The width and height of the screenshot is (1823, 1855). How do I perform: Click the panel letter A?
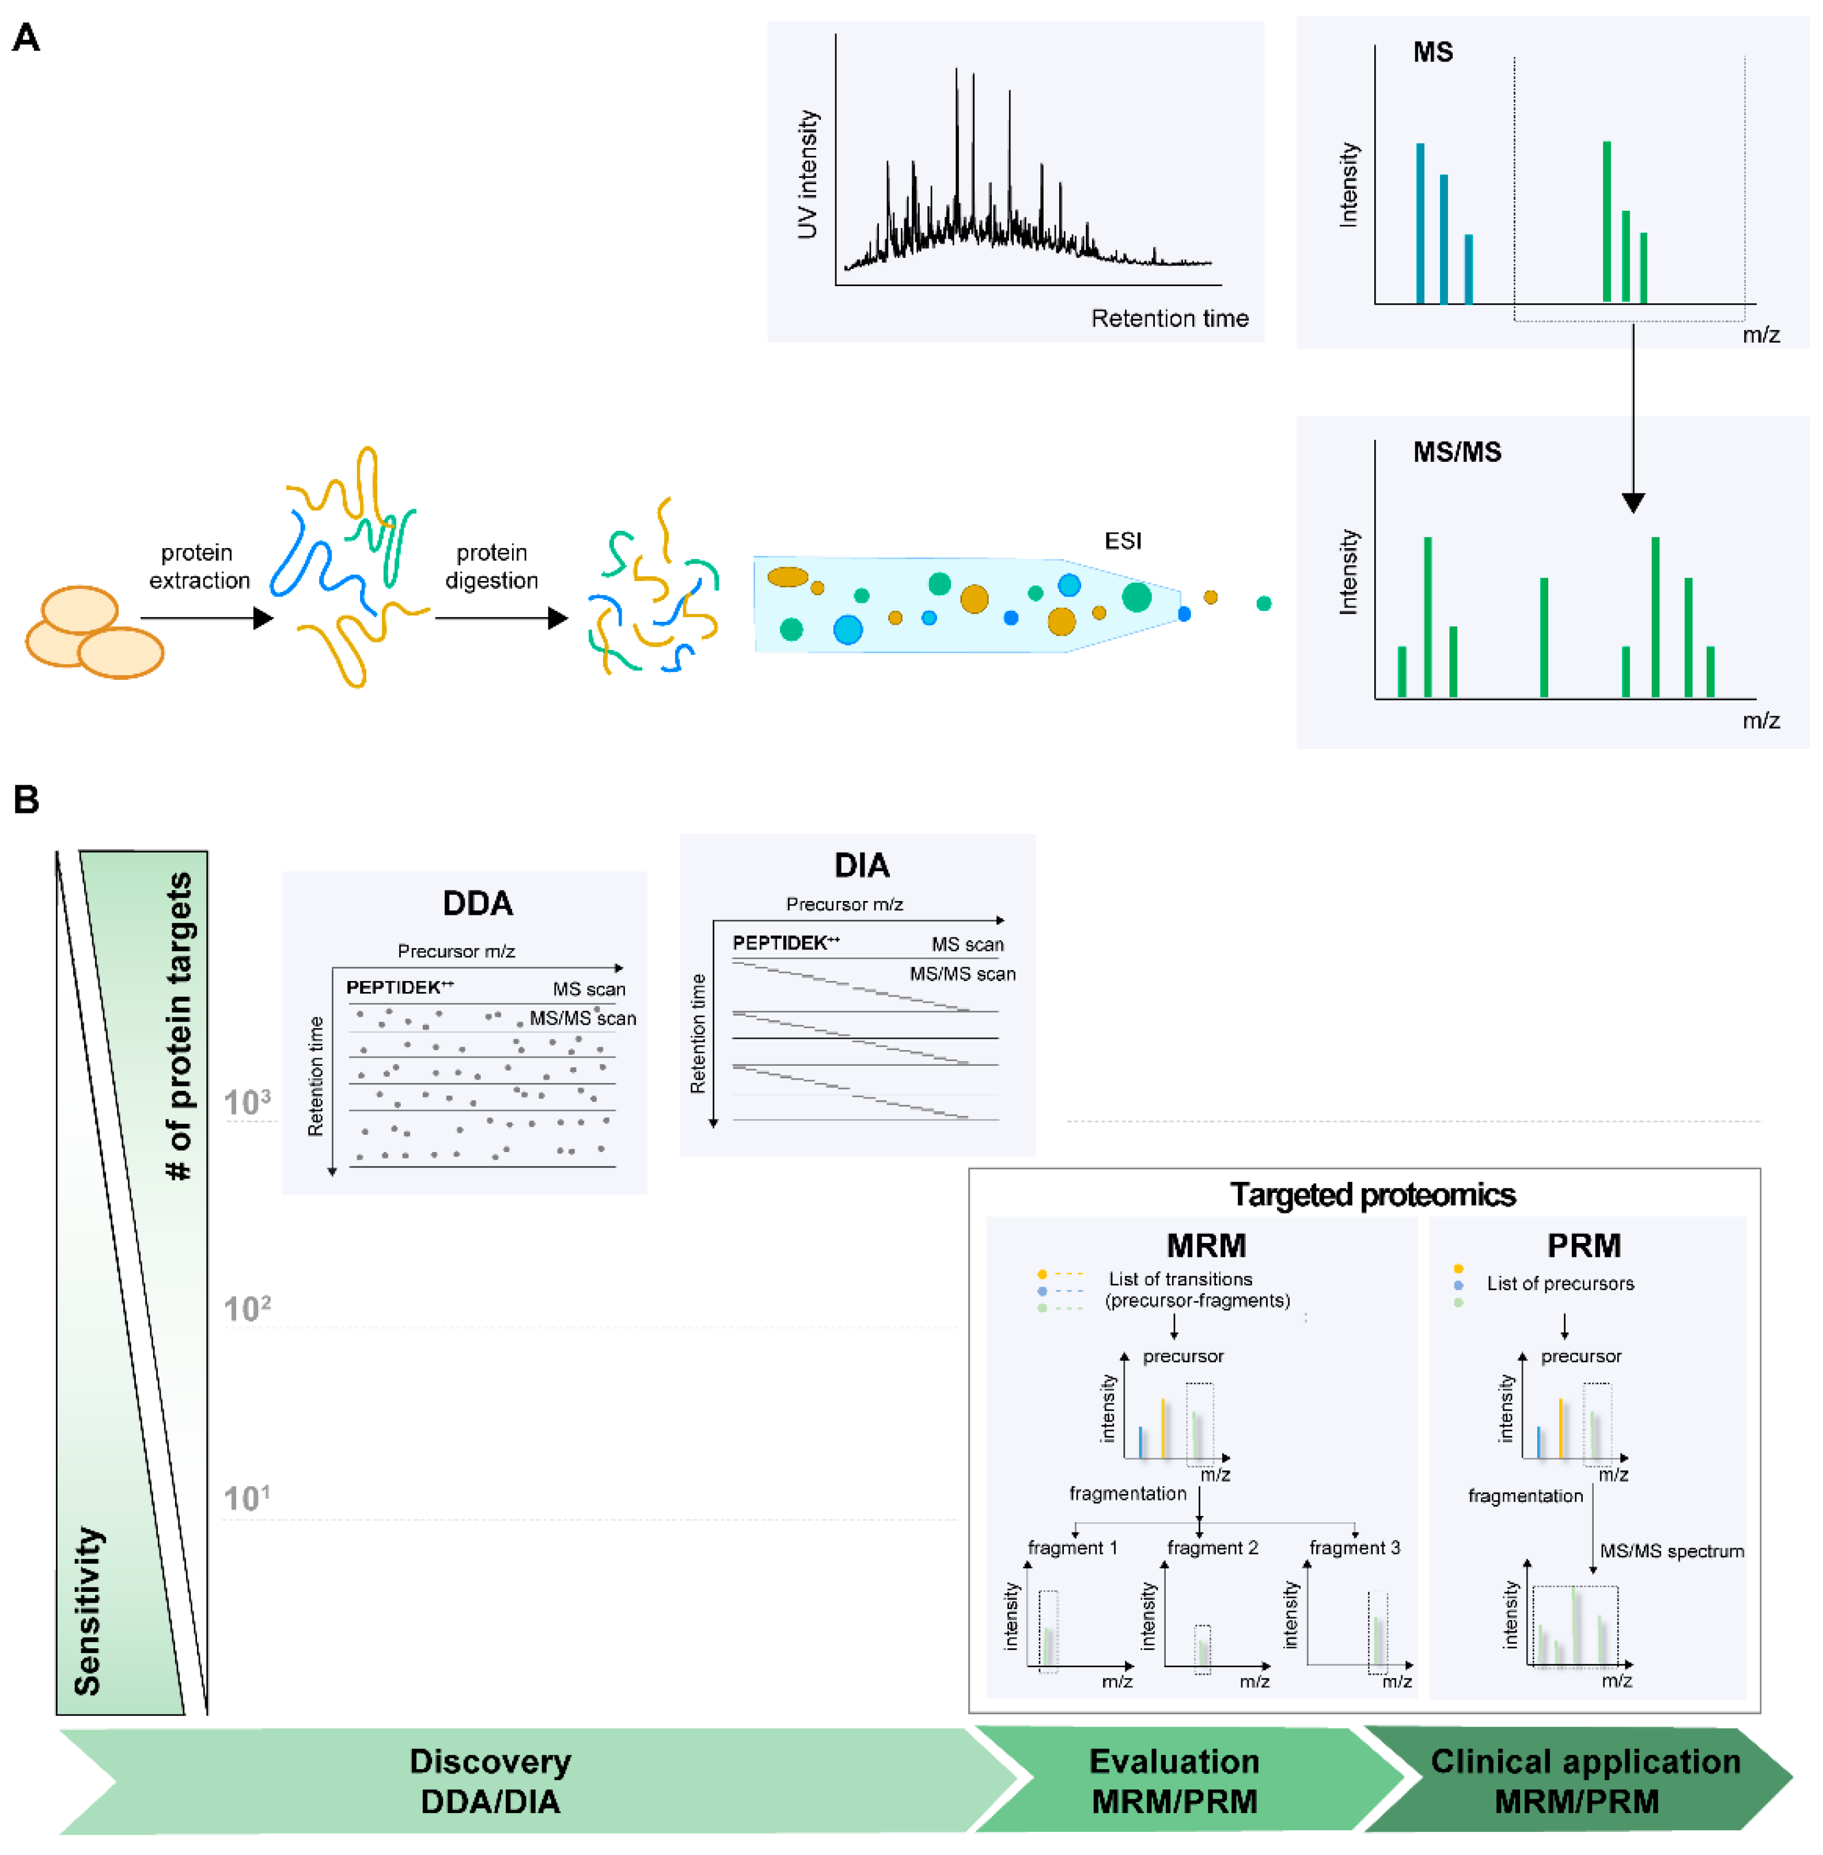point(26,39)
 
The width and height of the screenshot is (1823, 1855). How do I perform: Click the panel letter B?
point(26,799)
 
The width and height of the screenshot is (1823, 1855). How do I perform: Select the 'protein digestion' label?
point(491,567)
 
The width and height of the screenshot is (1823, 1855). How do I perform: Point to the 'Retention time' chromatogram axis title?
point(1169,319)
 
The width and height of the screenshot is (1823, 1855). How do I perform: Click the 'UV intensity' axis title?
point(808,174)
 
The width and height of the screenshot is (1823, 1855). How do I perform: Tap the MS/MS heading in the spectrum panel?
point(1456,453)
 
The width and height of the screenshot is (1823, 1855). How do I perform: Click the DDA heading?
point(477,903)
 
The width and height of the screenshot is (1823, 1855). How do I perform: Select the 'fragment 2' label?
point(1212,1548)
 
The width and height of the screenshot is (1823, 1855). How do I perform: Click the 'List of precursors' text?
point(1560,1283)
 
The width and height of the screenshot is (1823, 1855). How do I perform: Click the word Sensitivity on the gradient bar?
point(88,1611)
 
